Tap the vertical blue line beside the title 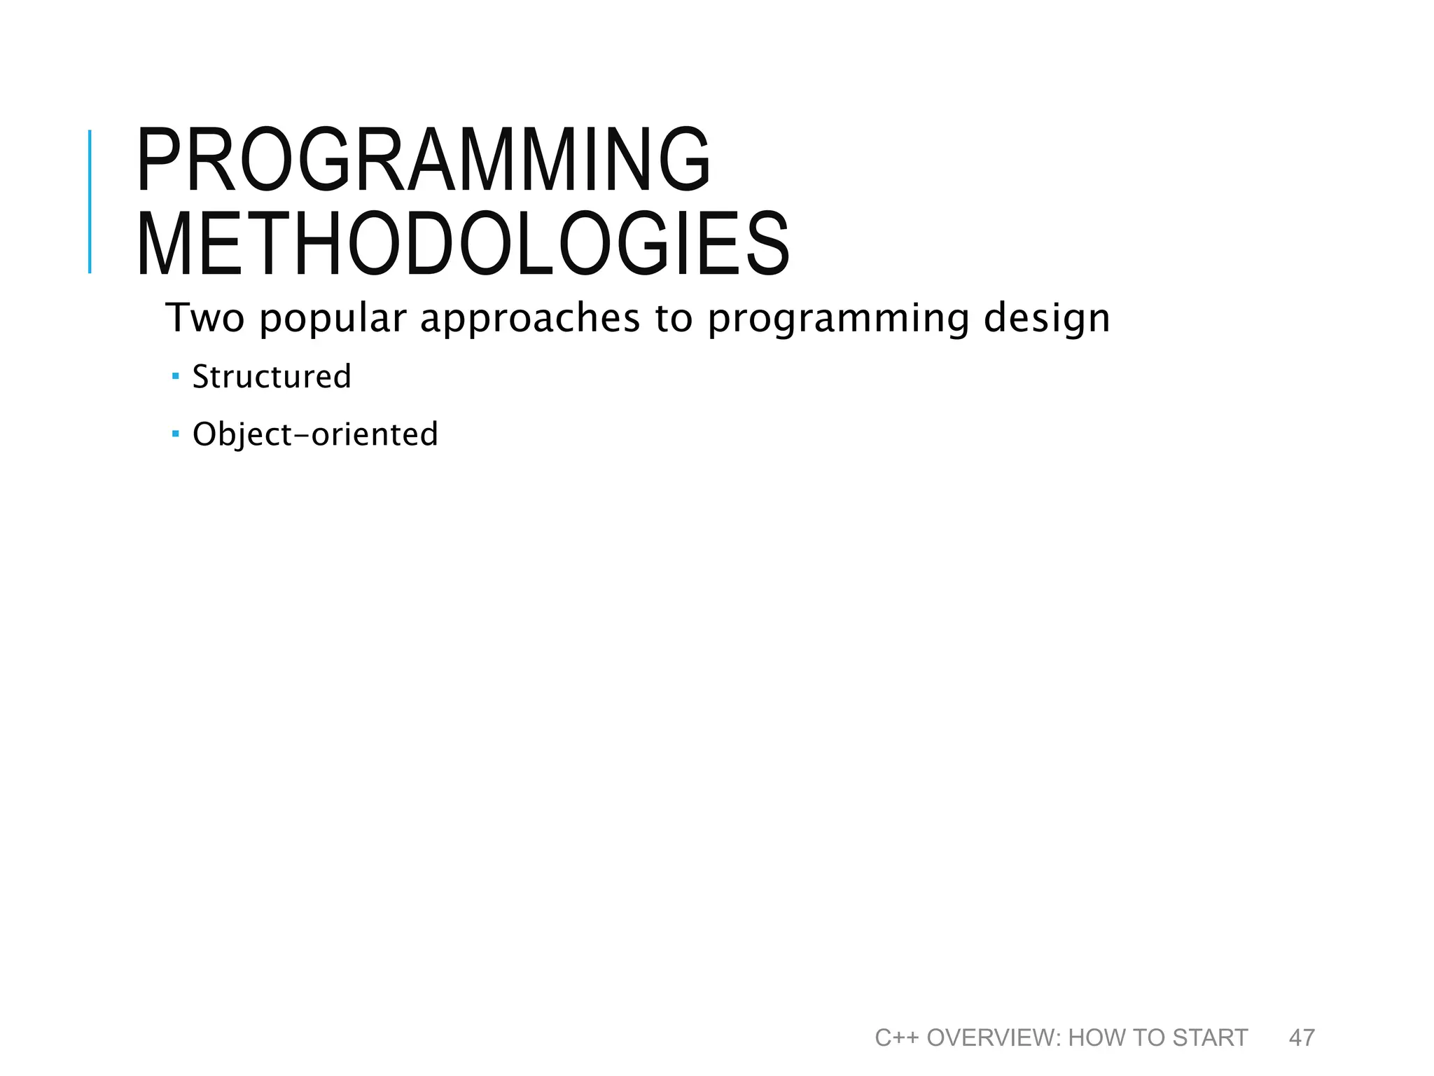[x=90, y=202]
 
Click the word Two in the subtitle [x=204, y=318]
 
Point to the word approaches [x=529, y=319]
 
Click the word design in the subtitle [x=1047, y=319]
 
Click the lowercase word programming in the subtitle [x=838, y=319]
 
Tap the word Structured [x=272, y=377]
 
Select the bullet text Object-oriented [x=315, y=434]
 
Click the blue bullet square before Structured [x=176, y=376]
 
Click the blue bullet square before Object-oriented [x=176, y=434]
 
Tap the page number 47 [x=1302, y=1037]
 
